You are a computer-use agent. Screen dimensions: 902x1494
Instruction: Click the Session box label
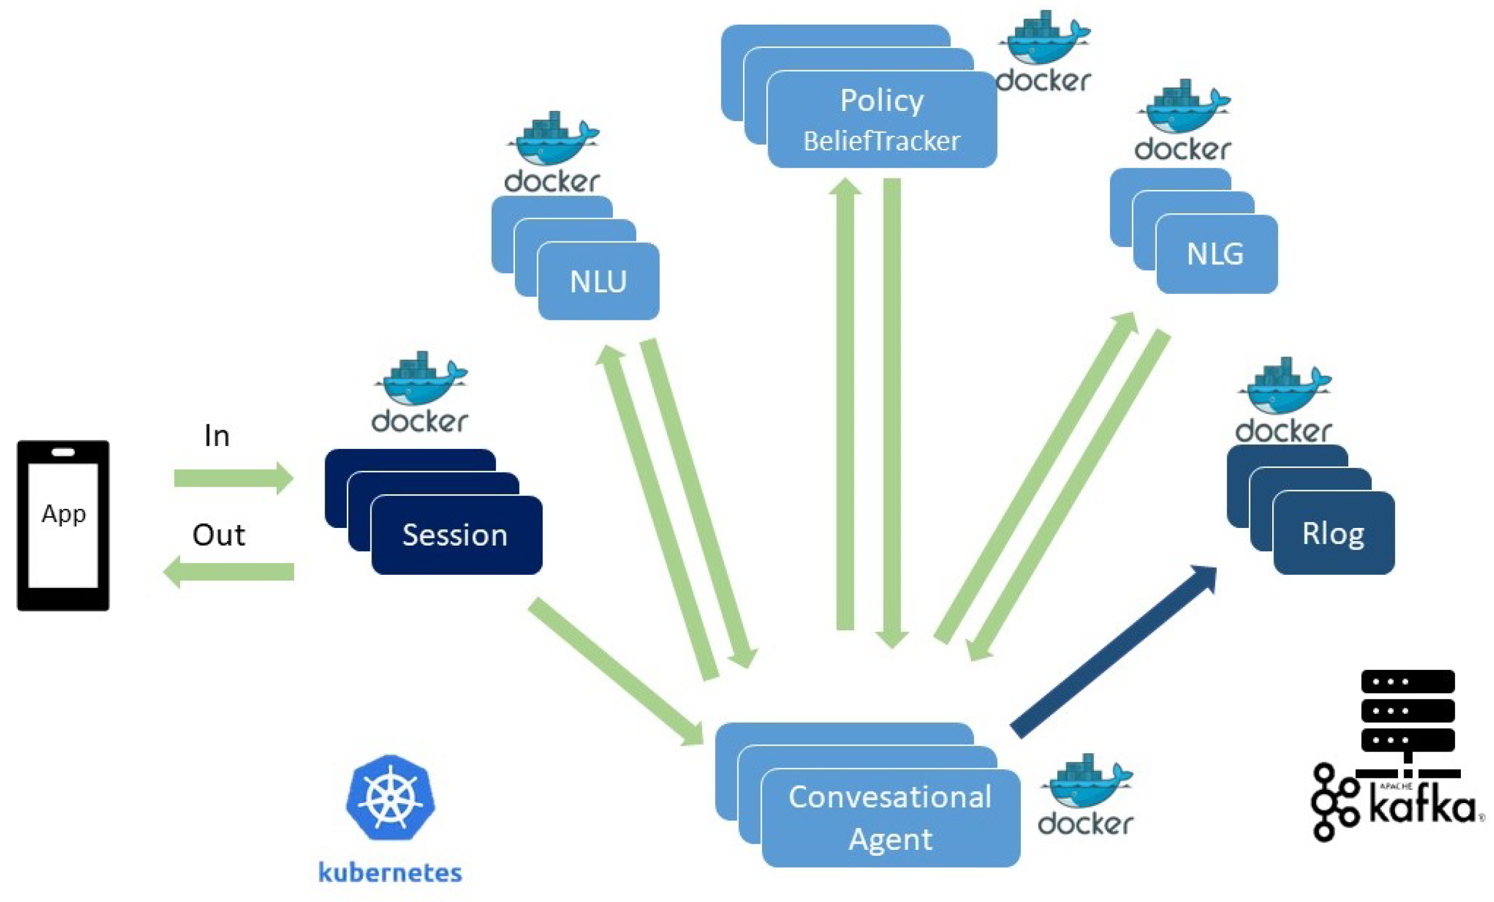pos(455,535)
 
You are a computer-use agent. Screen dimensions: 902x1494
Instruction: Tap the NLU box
pos(598,281)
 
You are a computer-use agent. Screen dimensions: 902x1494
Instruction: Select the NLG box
pos(1216,253)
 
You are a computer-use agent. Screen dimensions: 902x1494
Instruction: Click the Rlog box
pos(1333,534)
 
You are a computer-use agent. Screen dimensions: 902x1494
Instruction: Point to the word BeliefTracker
pos(882,141)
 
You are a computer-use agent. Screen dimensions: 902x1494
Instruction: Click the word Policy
pos(882,101)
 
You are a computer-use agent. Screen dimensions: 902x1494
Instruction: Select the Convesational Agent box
pos(890,818)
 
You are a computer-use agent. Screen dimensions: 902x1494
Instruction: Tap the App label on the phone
pos(63,514)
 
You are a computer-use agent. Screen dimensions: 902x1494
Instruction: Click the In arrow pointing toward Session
pos(233,478)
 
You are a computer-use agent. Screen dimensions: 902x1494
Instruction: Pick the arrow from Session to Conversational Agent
pos(616,672)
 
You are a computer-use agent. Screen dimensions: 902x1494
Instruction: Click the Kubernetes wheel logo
pos(390,798)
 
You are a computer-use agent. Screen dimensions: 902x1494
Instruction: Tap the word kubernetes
pos(390,872)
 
